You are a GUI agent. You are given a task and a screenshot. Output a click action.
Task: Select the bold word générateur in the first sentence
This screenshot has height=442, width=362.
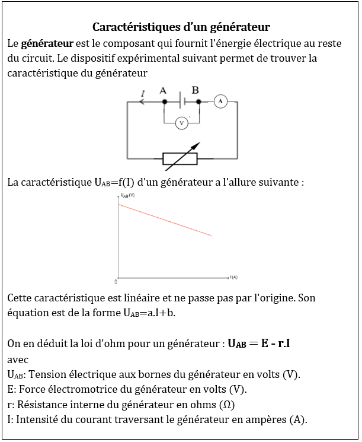click(47, 44)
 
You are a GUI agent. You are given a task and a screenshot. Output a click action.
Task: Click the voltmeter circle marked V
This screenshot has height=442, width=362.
click(182, 123)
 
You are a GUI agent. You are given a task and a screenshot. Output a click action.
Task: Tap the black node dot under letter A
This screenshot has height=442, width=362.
click(164, 102)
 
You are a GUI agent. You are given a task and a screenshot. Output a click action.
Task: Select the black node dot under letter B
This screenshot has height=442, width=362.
click(198, 102)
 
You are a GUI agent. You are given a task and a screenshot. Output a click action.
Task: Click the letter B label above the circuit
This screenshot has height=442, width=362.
click(195, 90)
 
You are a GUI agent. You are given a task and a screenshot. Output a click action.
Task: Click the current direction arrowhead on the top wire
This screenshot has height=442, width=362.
click(141, 102)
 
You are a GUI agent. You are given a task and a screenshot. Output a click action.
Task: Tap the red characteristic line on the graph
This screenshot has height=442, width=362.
click(166, 220)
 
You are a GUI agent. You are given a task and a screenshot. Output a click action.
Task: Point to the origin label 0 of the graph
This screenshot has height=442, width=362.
click(116, 281)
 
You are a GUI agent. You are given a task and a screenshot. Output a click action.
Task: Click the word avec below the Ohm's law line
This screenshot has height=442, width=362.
click(18, 360)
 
